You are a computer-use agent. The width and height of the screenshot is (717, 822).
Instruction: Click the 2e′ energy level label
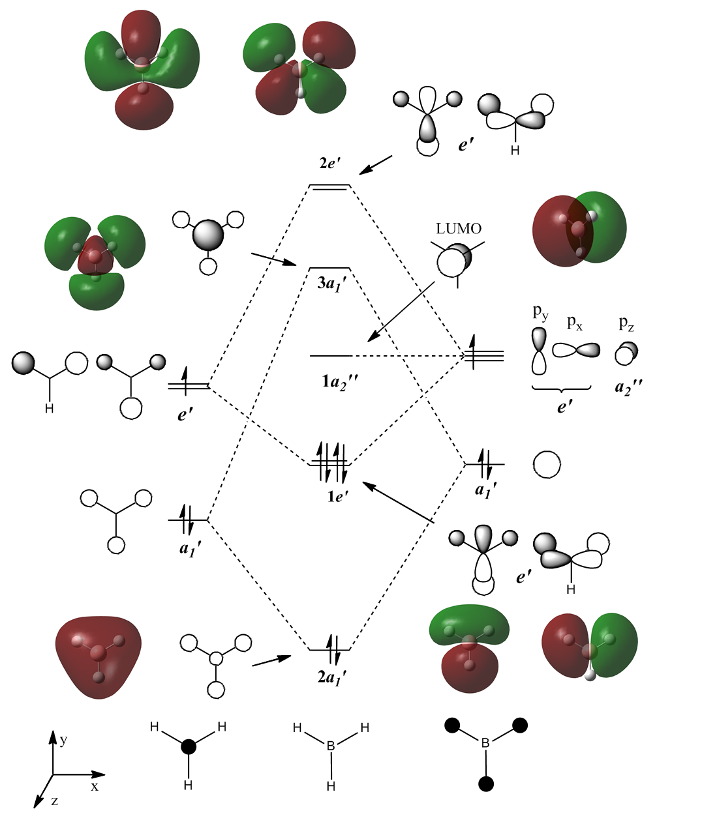coord(331,164)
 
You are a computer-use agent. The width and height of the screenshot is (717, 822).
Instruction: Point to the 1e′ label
coord(338,496)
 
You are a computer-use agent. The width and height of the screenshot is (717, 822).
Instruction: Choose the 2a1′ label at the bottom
coord(331,677)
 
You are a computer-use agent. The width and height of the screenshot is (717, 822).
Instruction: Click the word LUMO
coord(459,229)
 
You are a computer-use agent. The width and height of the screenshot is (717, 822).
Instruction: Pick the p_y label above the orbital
coord(541,313)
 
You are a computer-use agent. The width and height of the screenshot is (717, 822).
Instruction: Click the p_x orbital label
coord(575,322)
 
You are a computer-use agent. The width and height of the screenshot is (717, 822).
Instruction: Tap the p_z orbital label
coord(626,325)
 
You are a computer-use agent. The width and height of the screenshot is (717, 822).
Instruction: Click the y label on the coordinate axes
coord(63,741)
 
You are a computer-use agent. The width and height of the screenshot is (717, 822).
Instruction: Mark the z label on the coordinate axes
coord(54,800)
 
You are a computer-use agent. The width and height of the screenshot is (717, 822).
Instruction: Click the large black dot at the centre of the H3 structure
coord(188,747)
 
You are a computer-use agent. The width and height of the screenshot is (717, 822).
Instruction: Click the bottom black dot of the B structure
coord(485,784)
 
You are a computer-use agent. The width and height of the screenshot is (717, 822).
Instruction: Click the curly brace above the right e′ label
coord(562,389)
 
